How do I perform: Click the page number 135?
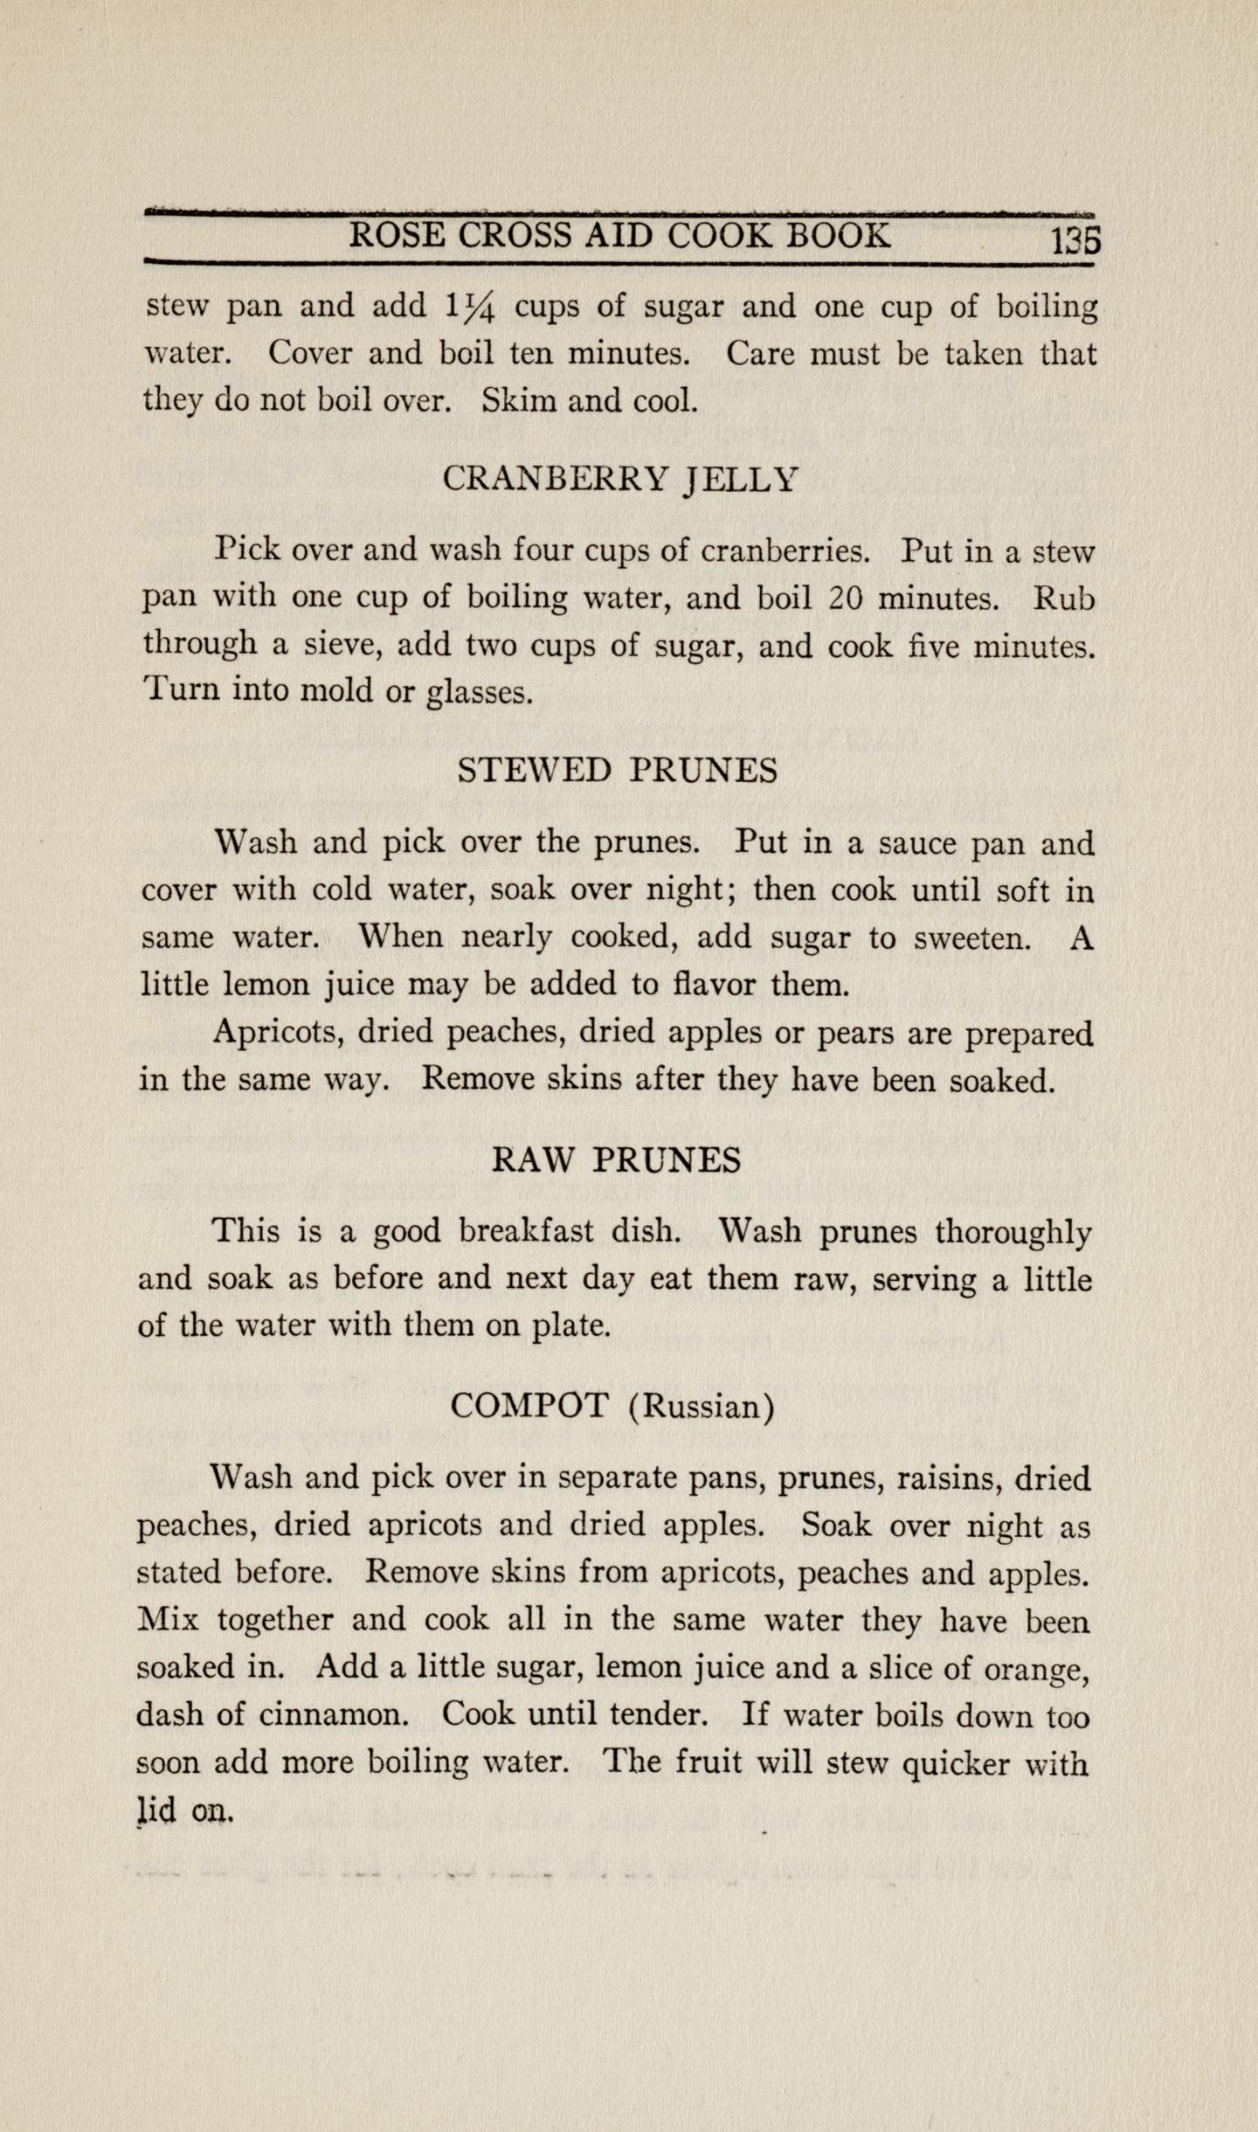coord(1075,239)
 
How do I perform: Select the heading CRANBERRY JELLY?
coord(620,479)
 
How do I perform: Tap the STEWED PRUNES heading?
coord(618,771)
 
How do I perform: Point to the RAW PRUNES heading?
coord(617,1160)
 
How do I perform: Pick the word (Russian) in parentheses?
coord(702,1407)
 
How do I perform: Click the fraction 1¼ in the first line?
coord(471,308)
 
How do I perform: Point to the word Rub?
coord(1064,599)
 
